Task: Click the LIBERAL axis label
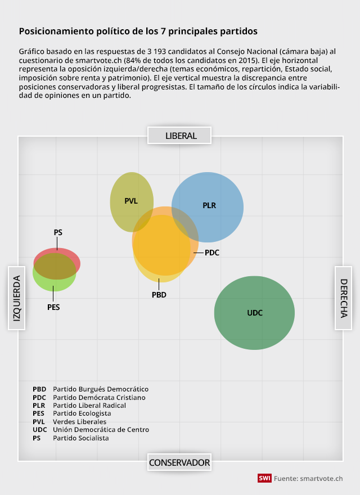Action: click(181, 136)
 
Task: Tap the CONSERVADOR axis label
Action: click(179, 462)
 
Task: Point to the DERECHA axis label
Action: click(344, 298)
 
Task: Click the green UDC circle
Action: click(254, 313)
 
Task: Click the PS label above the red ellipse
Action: click(58, 232)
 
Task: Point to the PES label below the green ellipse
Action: click(53, 307)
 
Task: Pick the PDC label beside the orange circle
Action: click(212, 253)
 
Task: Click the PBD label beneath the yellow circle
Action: click(159, 295)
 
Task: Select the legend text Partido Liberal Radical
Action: click(89, 405)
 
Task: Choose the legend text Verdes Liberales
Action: click(79, 421)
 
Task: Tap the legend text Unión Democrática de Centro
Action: click(101, 430)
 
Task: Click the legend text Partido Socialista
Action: click(81, 438)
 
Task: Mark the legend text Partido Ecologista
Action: click(82, 413)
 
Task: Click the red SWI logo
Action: click(264, 478)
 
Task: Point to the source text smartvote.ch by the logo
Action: click(321, 478)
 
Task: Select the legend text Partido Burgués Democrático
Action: click(101, 389)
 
